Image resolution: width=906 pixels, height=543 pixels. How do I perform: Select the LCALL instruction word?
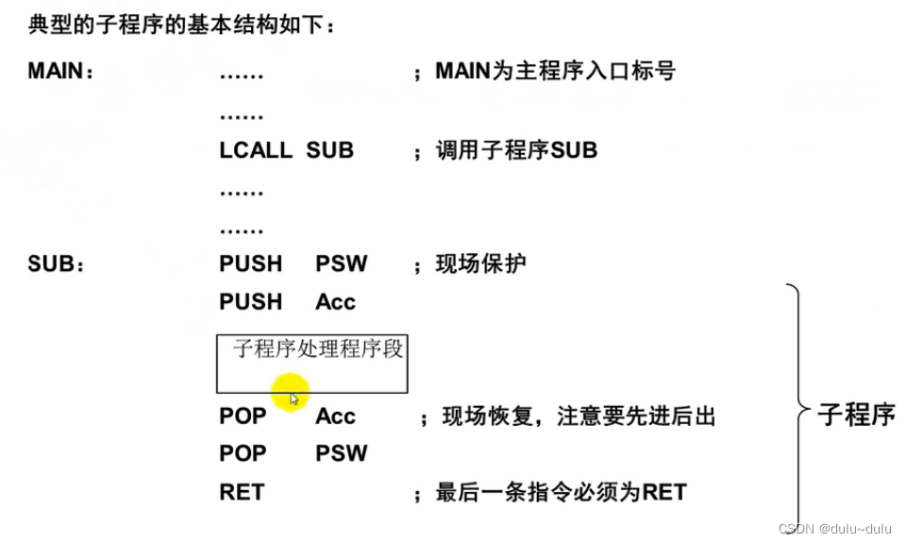point(256,150)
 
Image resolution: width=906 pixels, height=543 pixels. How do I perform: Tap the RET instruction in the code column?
point(242,492)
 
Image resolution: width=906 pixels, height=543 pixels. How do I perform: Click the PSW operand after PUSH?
point(341,264)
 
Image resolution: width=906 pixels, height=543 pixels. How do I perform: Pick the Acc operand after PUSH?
point(335,302)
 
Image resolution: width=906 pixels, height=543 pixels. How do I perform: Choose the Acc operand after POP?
point(335,416)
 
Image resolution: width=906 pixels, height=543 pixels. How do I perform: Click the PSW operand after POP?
point(341,454)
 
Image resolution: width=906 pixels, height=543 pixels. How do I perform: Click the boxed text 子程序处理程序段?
point(318,349)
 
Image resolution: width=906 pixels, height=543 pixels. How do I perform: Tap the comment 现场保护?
point(480,264)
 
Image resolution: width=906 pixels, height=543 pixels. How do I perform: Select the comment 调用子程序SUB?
point(515,150)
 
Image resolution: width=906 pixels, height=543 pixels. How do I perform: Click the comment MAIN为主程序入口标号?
point(555,72)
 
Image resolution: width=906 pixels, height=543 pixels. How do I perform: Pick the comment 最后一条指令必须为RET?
point(561,492)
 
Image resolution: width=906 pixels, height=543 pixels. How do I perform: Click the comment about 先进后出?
point(579,416)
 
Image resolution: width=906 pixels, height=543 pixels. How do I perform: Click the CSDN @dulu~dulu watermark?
point(835,530)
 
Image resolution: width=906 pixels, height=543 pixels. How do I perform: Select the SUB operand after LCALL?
point(329,150)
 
